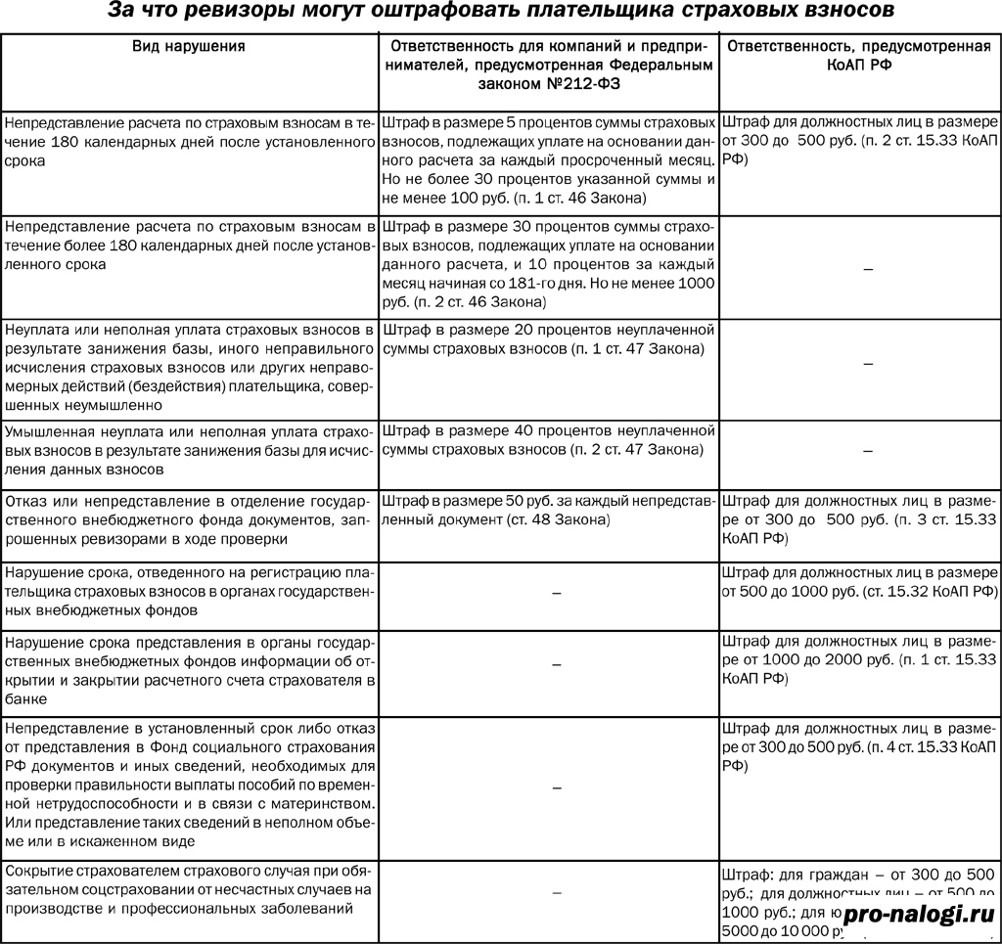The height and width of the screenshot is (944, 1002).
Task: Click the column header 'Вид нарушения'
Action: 189,46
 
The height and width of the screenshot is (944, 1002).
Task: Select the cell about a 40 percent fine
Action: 548,440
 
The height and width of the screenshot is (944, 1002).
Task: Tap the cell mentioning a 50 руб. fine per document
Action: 548,510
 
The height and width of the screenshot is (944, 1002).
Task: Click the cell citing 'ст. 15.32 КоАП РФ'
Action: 860,582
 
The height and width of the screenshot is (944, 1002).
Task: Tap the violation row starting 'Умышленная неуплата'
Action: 189,450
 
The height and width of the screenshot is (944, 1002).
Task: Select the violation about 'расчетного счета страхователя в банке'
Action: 189,661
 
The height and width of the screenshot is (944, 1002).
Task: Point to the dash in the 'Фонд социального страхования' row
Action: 557,787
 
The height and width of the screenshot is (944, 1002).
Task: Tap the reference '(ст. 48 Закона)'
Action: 562,519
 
